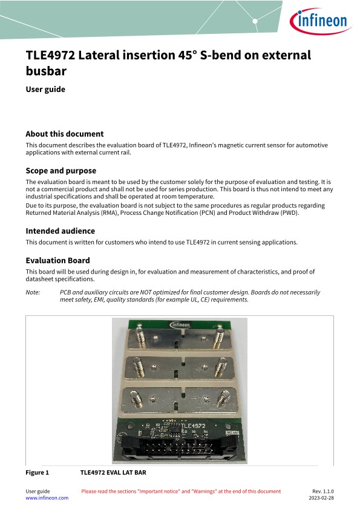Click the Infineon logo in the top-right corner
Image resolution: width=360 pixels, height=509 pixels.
[320, 21]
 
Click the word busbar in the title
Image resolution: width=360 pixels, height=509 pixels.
[46, 71]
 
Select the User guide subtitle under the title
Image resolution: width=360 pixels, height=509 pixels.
[45, 89]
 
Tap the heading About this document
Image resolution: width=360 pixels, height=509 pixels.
[65, 134]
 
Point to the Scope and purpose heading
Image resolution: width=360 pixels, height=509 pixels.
[61, 171]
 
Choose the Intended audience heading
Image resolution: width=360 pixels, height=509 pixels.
[61, 231]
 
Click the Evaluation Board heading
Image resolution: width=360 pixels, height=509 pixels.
[58, 260]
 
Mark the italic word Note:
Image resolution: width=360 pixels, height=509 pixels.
[33, 292]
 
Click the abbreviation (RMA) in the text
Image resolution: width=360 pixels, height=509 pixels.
[109, 213]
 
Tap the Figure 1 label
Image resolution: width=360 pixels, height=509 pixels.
[37, 473]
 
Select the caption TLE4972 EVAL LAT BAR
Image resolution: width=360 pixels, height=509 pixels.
[113, 473]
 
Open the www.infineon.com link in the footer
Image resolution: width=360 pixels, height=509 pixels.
[47, 498]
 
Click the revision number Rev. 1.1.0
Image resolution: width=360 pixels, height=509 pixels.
[323, 491]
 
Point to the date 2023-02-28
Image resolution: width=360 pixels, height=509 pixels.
[321, 498]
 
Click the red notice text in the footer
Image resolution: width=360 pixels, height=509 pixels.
[181, 491]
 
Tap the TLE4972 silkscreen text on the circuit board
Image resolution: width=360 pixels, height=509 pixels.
[193, 425]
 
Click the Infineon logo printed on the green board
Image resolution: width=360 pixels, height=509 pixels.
[180, 324]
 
